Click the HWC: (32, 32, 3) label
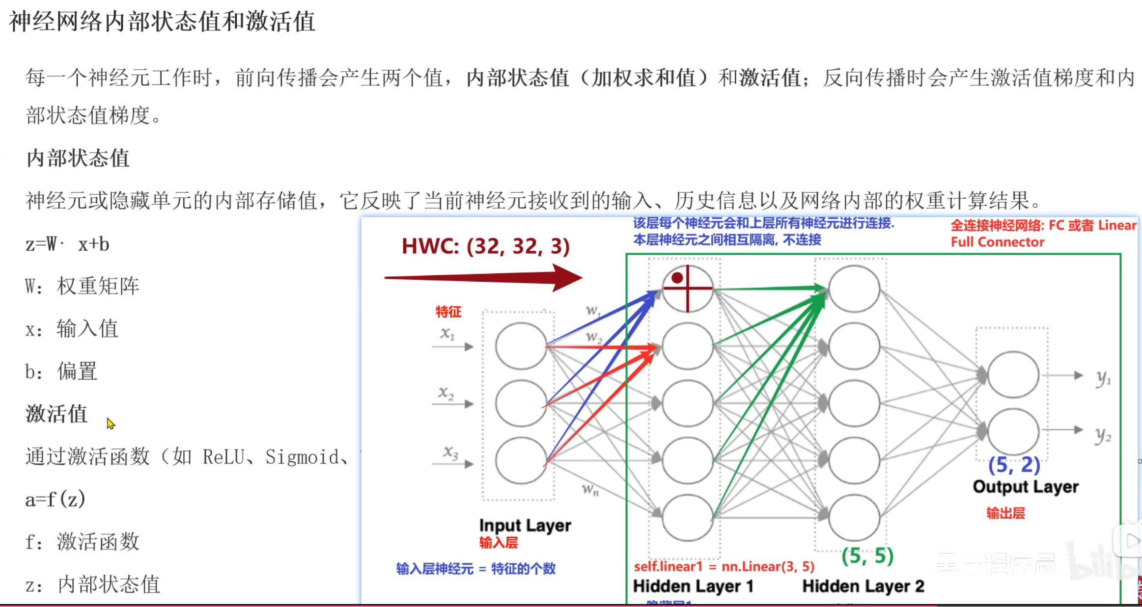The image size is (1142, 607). pyautogui.click(x=485, y=246)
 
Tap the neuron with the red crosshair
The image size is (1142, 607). pyautogui.click(x=687, y=289)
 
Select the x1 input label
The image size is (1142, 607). pyautogui.click(x=447, y=334)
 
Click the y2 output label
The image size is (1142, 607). pyautogui.click(x=1103, y=435)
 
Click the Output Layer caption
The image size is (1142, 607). pyautogui.click(x=1026, y=486)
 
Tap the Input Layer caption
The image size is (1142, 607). pyautogui.click(x=525, y=525)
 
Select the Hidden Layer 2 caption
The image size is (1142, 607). pyautogui.click(x=863, y=586)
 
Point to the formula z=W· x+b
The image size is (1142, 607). pyautogui.click(x=67, y=244)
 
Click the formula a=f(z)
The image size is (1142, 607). pyautogui.click(x=55, y=499)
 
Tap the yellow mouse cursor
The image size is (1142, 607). pyautogui.click(x=111, y=423)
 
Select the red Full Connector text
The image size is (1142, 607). pyautogui.click(x=997, y=242)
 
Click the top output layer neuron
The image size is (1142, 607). pyautogui.click(x=1013, y=375)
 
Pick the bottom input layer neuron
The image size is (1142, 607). pyautogui.click(x=521, y=460)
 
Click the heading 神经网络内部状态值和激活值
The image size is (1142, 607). pyautogui.click(x=162, y=22)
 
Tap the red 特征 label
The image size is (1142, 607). pyautogui.click(x=448, y=312)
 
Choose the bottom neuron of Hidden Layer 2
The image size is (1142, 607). pyautogui.click(x=854, y=517)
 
